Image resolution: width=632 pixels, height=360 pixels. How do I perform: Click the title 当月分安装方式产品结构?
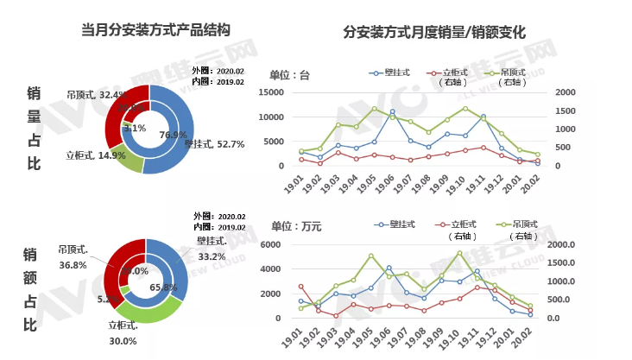156,31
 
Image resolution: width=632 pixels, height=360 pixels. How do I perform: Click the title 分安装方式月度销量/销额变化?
434,34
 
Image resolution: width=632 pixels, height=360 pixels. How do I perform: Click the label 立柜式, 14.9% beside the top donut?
96,156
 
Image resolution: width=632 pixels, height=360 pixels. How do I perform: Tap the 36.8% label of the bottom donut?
73,266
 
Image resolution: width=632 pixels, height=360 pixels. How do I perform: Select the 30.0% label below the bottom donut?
123,340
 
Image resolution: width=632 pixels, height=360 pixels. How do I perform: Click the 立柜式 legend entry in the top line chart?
454,73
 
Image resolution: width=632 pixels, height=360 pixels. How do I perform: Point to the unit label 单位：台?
289,75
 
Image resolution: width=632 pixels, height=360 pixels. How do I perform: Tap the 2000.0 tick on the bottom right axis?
570,245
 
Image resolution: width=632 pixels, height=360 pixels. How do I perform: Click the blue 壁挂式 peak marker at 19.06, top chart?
392,111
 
